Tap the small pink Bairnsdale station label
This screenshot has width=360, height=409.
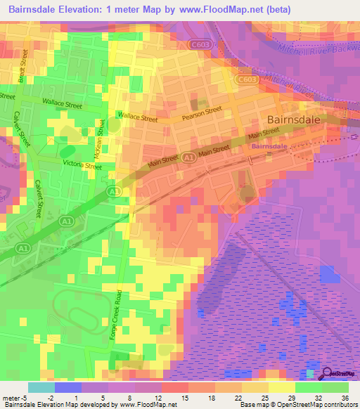pos(269,146)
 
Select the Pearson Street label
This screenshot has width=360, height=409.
pos(202,110)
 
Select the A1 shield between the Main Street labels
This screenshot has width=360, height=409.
pos(188,160)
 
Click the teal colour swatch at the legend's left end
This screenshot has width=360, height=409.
pos(41,387)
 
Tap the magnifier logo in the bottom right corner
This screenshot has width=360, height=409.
pos(327,372)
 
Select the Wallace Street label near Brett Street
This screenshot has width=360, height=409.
pos(62,105)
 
